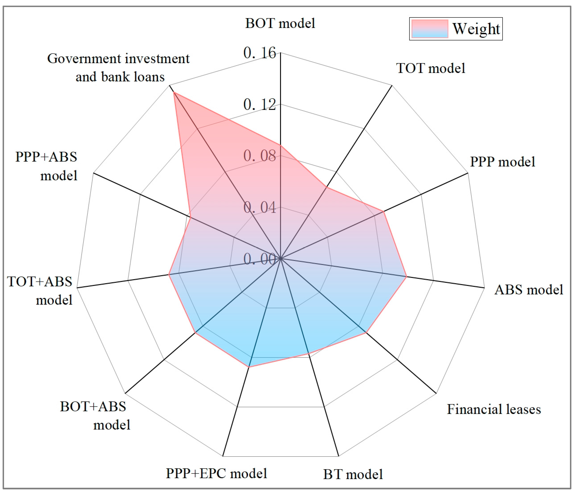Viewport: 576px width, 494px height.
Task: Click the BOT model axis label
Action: point(280,23)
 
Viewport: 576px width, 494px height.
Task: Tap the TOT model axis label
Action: point(431,68)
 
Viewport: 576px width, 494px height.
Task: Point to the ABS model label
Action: point(528,290)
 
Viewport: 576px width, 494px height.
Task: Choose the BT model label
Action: point(353,474)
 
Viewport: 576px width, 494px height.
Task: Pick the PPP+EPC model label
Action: point(216,473)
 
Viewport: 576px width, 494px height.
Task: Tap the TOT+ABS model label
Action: point(40,291)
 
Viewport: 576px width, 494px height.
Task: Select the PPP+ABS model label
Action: point(46,166)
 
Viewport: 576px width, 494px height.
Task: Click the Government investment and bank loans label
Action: point(119,68)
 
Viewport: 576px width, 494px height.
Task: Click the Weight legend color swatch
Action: point(430,29)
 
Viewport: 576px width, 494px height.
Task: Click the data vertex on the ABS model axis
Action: point(406,276)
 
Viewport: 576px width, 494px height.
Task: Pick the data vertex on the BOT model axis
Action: point(280,145)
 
